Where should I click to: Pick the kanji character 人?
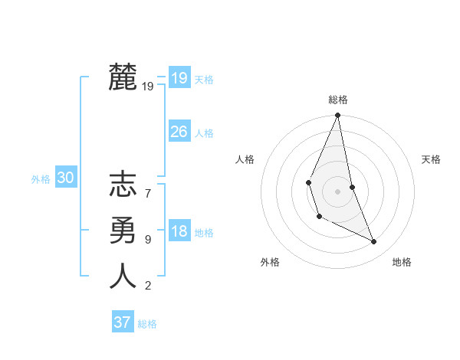point(123,275)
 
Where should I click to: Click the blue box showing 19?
point(179,77)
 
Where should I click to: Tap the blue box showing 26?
point(179,132)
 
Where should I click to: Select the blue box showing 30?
point(65,178)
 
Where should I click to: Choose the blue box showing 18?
point(179,231)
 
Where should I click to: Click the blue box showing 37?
point(122,322)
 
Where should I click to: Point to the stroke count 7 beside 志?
point(148,186)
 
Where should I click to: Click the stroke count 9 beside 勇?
point(148,240)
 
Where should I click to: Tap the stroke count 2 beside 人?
point(148,286)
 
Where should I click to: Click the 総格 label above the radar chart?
point(338,100)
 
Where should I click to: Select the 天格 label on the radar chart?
point(431,159)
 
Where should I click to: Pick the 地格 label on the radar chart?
point(402,262)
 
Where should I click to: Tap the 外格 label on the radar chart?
point(270,262)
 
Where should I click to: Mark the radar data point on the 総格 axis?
point(337,116)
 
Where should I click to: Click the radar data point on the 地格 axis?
point(374,241)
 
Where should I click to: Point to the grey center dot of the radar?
point(337,191)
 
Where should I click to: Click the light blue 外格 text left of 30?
point(41,179)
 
